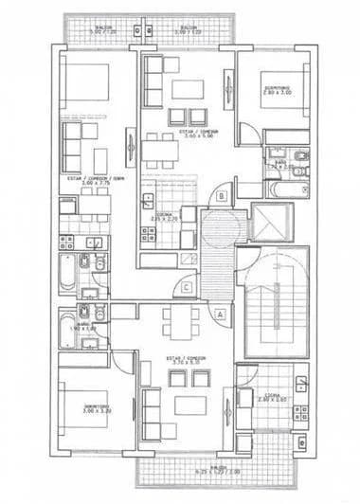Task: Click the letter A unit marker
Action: click(x=221, y=312)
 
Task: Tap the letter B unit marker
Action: click(x=221, y=196)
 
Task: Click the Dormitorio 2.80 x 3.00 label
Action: click(x=277, y=90)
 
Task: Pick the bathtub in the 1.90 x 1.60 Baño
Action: click(x=69, y=334)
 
